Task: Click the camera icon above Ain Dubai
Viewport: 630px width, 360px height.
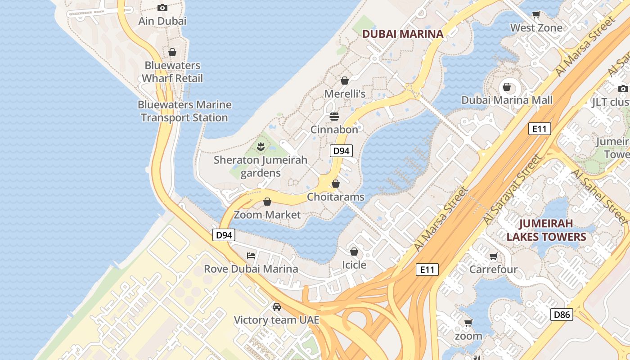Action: [162, 8]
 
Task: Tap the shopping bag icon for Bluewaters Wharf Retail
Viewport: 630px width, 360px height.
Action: [172, 52]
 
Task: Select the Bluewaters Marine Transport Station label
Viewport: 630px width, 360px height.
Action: [184, 111]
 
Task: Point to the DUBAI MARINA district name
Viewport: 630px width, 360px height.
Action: [403, 34]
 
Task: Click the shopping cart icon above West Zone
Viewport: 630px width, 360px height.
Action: [536, 14]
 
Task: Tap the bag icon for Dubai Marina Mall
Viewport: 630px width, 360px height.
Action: [507, 86]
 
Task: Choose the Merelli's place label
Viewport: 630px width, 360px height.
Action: [345, 94]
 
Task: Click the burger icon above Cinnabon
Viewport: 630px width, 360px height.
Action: [334, 117]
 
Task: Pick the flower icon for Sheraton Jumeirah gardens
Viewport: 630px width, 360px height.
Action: [260, 146]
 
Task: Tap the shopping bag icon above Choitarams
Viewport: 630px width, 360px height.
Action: [335, 184]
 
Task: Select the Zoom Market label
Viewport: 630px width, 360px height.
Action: [267, 215]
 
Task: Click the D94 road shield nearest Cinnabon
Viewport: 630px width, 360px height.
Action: [341, 151]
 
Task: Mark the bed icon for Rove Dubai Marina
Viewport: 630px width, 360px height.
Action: [251, 256]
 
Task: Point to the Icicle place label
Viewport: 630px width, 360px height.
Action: [354, 265]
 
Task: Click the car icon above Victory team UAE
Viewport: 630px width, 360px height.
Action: [276, 307]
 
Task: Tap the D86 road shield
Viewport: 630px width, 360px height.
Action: [562, 314]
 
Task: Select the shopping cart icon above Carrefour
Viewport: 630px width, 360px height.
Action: [493, 256]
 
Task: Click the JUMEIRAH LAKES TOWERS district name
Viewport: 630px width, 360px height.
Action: [546, 230]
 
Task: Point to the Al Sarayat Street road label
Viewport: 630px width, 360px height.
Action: [513, 189]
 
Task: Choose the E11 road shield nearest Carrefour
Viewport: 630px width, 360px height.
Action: [427, 270]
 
